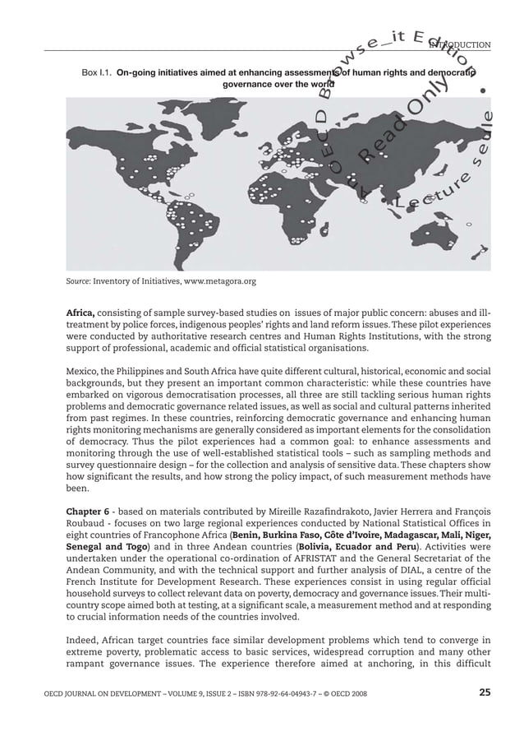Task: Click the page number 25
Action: point(485,693)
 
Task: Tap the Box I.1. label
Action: point(97,72)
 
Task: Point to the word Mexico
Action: point(82,371)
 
